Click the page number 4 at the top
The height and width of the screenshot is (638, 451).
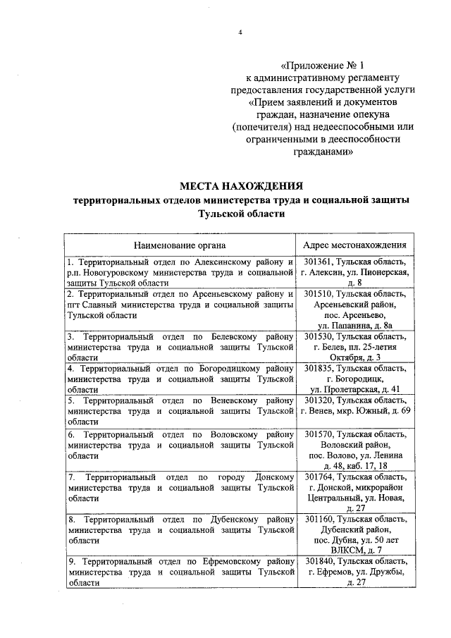click(240, 33)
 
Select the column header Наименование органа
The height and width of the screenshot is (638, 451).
click(180, 245)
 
